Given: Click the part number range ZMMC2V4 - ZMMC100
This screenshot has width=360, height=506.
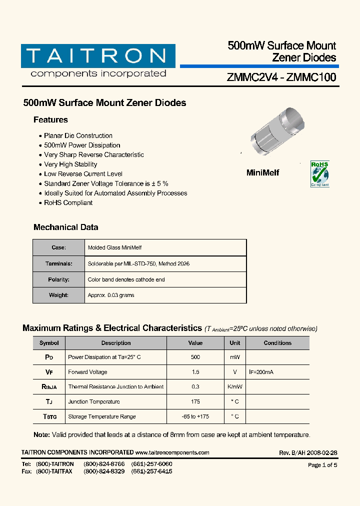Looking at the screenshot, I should [x=281, y=77].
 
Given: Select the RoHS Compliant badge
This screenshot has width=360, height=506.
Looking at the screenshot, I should [x=320, y=173].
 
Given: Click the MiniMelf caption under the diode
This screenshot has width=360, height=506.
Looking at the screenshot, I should [x=263, y=172].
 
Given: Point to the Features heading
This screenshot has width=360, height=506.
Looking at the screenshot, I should [x=50, y=120].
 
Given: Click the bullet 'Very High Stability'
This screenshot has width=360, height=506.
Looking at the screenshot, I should [x=70, y=164].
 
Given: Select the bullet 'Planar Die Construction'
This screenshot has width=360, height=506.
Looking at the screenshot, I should [x=78, y=136].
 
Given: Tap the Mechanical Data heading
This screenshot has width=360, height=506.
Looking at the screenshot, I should [x=65, y=227].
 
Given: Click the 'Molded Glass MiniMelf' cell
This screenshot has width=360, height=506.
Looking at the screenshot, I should [x=114, y=248].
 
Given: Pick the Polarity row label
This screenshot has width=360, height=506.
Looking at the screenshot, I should [x=58, y=280].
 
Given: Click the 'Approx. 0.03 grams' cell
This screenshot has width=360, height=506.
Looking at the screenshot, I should [x=111, y=295].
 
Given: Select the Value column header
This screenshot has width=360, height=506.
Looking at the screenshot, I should [x=195, y=343].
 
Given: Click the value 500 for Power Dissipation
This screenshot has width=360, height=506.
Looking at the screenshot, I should [x=195, y=357].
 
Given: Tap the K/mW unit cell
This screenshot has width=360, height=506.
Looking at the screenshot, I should [x=235, y=387].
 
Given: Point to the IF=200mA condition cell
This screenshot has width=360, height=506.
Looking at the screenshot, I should [x=261, y=372].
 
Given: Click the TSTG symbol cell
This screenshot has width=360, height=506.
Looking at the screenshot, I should [x=49, y=416].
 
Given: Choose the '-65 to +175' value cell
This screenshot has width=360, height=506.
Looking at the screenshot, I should [x=195, y=416].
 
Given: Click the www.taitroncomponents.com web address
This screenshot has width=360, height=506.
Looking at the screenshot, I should [x=172, y=452].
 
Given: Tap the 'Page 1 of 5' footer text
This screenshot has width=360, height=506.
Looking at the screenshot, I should [x=322, y=465].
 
